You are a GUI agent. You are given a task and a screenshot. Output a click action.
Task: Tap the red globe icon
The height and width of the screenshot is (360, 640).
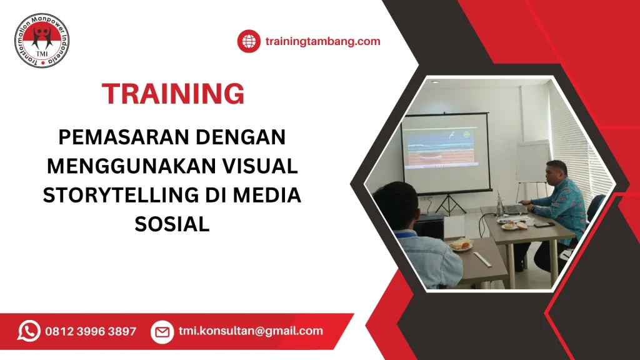click(x=248, y=42)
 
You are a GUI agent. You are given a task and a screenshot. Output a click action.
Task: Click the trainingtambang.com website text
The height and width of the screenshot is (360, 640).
click(x=322, y=42)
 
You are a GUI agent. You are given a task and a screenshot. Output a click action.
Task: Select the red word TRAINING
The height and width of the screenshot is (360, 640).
click(x=173, y=94)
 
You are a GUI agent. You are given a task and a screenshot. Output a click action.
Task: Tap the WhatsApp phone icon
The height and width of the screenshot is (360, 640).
click(x=29, y=331)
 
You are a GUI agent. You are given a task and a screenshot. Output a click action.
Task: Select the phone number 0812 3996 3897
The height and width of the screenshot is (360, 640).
click(x=91, y=331)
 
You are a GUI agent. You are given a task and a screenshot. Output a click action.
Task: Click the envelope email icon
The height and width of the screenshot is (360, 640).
click(x=162, y=331)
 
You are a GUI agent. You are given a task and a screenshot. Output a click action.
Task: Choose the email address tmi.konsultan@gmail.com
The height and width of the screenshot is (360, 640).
click(x=251, y=331)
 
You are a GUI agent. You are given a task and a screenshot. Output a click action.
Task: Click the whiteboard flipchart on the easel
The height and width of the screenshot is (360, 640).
click(x=532, y=161)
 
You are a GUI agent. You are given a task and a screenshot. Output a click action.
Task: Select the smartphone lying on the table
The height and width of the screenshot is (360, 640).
click(x=541, y=224)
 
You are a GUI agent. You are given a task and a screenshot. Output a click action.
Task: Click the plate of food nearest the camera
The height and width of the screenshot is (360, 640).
click(x=461, y=245)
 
